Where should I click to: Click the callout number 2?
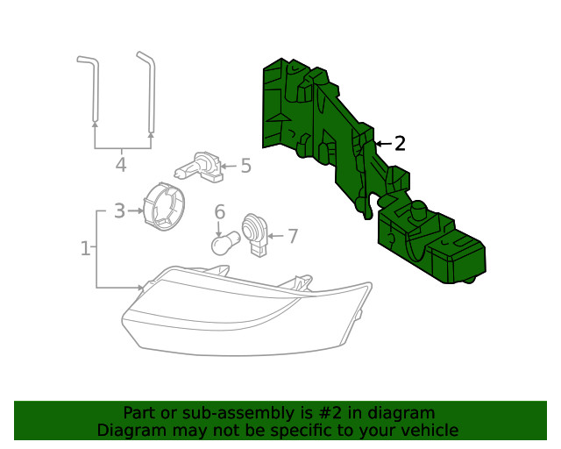(x=400, y=144)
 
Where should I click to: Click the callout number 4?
(x=121, y=164)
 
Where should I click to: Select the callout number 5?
(x=245, y=166)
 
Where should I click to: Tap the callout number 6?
(x=220, y=211)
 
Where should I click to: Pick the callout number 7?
(x=292, y=236)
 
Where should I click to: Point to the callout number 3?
(x=120, y=210)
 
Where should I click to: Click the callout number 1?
(x=85, y=249)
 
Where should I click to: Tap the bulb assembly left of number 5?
(x=199, y=166)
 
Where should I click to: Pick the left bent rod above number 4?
(x=89, y=88)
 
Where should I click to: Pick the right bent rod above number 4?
(x=147, y=88)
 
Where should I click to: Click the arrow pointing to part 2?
(x=383, y=144)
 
